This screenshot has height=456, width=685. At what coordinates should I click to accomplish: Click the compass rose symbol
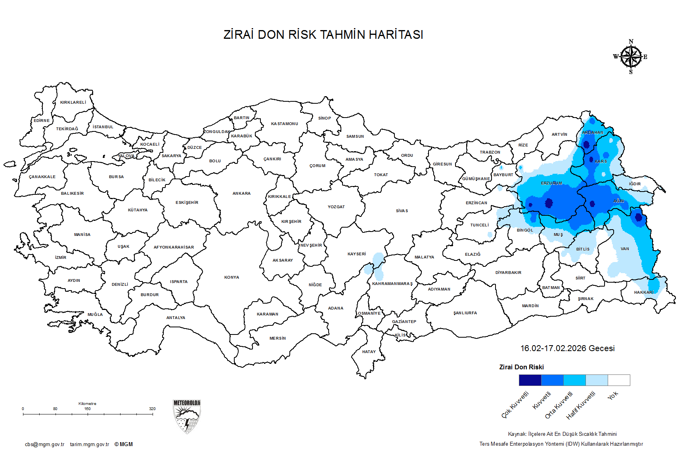[631, 57]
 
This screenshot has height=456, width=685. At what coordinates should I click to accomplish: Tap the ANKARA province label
[241, 194]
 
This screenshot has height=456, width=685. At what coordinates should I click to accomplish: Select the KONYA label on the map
[232, 277]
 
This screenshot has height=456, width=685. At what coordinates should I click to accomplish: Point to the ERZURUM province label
[551, 183]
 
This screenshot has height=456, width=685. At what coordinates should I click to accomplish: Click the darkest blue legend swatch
[530, 380]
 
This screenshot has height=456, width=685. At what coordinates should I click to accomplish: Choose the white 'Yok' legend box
[619, 380]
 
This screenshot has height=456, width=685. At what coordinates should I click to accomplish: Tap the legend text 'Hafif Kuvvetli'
[581, 405]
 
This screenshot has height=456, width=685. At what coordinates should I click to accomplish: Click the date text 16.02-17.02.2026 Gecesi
[567, 348]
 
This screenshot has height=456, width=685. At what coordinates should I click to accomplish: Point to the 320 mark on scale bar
[152, 409]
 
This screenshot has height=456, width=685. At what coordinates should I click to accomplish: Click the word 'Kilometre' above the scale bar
[87, 404]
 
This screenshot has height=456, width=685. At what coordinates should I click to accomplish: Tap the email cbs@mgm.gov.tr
[44, 445]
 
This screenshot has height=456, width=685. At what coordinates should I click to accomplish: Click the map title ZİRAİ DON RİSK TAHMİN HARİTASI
[323, 35]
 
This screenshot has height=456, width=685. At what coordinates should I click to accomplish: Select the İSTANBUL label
[103, 127]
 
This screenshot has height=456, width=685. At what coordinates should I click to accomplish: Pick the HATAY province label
[369, 352]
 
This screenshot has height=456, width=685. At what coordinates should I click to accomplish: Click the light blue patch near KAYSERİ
[377, 264]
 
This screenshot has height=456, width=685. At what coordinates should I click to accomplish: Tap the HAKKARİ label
[643, 293]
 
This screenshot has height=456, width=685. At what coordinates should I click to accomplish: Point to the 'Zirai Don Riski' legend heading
[521, 367]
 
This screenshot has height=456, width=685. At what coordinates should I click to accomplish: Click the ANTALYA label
[176, 318]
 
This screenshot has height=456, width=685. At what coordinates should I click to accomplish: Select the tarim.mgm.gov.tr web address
[90, 445]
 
